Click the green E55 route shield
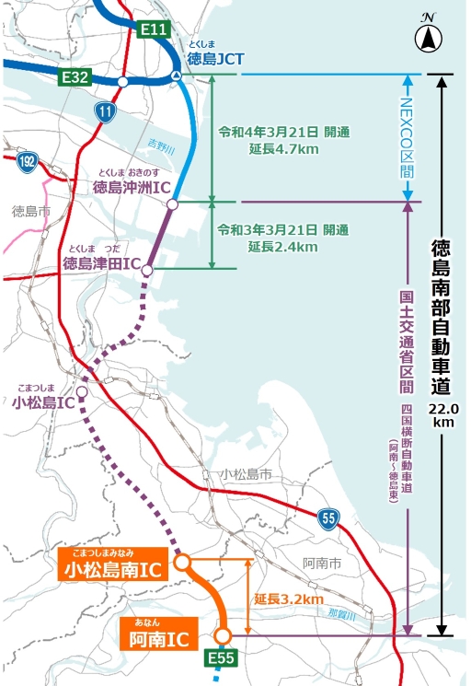click(221, 657)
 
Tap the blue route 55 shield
click(328, 519)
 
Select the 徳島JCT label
click(215, 59)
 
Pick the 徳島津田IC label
click(100, 264)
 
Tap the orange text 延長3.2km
click(290, 599)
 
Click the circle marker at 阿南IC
click(222, 635)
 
